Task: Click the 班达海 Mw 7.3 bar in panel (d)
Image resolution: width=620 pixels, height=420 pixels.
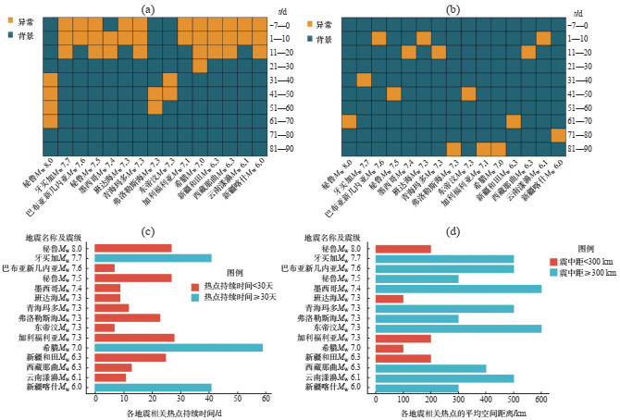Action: (x=389, y=298)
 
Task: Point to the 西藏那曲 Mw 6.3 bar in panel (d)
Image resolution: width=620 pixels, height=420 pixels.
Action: (x=430, y=367)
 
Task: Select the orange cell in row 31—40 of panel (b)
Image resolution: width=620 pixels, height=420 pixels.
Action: (x=364, y=80)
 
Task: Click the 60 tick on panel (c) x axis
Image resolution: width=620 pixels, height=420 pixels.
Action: (x=266, y=399)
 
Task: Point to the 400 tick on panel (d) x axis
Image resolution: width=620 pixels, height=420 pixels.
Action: (x=486, y=399)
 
